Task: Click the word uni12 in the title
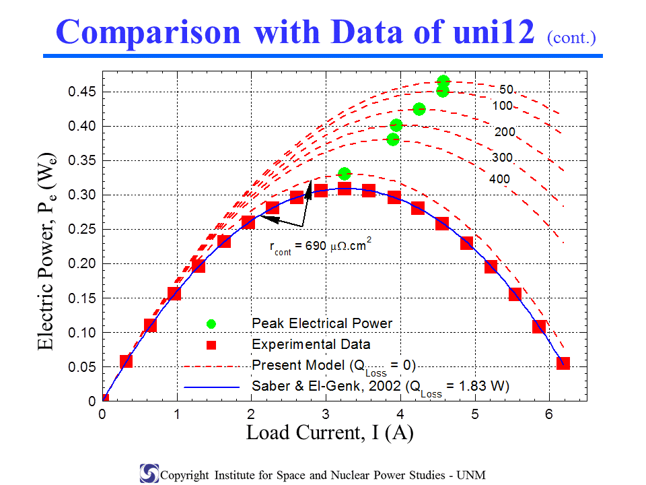493,32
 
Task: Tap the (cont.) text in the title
571,38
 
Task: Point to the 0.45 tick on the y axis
82,92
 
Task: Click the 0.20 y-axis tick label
82,263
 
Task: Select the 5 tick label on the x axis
475,414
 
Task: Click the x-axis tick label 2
251,414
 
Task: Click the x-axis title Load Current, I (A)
330,432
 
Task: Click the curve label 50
506,89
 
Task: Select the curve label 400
499,179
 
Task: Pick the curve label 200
505,132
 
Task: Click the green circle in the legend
211,324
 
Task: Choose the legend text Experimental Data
311,344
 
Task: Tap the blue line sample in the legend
212,387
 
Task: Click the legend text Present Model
298,365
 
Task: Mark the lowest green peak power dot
345,174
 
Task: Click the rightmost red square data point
563,363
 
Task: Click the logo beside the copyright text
149,474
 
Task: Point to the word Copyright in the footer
184,476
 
